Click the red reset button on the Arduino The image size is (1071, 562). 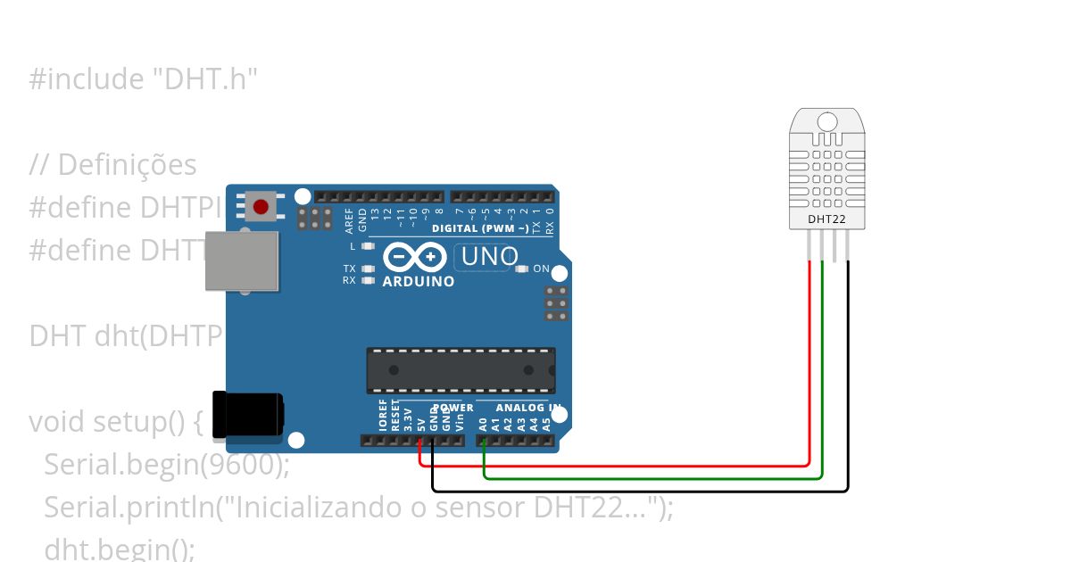coord(260,207)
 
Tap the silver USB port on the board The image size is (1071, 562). coord(241,260)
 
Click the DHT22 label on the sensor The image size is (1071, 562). coord(827,218)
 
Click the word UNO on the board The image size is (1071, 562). coord(486,257)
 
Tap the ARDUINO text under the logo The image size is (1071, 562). coord(418,282)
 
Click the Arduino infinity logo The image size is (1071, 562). coord(416,258)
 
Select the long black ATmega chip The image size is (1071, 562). coord(461,370)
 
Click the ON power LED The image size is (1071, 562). coord(519,269)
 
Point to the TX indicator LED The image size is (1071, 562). coord(367,269)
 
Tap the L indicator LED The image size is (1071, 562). coord(367,245)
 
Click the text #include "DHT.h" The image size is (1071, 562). coord(144,79)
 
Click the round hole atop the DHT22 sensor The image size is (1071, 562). coord(827,121)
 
